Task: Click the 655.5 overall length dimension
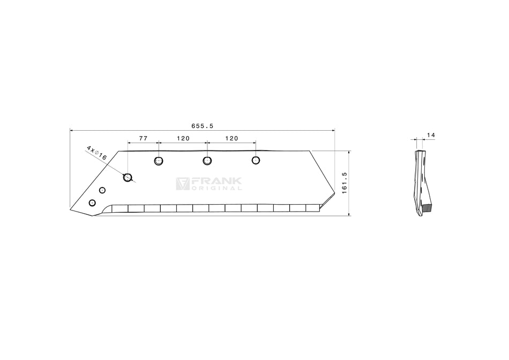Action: click(x=202, y=126)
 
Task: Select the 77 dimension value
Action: click(x=143, y=138)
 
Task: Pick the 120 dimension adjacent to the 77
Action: click(x=183, y=138)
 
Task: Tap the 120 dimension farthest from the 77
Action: click(x=231, y=138)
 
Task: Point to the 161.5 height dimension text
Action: click(x=345, y=183)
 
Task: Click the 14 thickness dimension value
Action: click(x=431, y=135)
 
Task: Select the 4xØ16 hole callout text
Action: click(x=96, y=153)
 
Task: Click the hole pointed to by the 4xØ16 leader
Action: click(x=128, y=177)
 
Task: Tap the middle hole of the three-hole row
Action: click(x=207, y=160)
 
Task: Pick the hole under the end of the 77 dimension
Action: click(x=159, y=161)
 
